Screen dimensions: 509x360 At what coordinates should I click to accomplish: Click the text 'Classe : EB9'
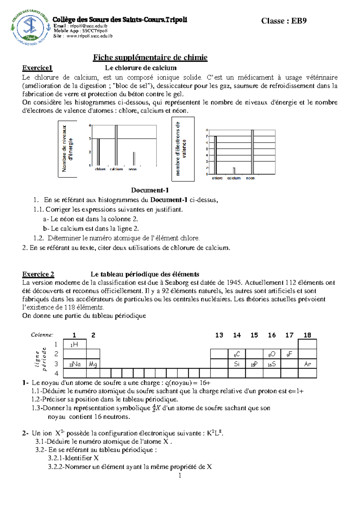(283, 21)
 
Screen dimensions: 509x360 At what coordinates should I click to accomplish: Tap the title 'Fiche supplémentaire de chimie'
(150, 57)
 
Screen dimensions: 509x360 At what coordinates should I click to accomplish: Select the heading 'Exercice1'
(37, 68)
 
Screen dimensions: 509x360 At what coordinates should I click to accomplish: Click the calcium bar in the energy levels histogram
(116, 145)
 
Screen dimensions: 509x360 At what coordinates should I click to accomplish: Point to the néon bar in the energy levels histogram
(134, 158)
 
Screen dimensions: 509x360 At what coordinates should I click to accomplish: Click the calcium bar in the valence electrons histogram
(234, 171)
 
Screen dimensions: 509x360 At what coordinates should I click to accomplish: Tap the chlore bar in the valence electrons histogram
(215, 155)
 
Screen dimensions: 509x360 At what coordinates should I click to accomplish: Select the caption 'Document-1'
(150, 190)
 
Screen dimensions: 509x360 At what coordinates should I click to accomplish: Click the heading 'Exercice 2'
(38, 274)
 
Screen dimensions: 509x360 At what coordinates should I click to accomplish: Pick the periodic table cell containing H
(75, 344)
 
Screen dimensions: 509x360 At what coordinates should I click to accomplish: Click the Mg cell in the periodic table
(93, 364)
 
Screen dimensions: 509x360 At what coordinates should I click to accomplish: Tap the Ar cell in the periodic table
(307, 364)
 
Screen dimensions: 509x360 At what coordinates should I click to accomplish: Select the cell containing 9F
(289, 354)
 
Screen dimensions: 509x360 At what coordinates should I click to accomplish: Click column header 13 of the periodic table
(219, 335)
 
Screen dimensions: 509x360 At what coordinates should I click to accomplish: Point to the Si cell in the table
(237, 364)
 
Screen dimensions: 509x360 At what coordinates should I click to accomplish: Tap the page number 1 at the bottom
(180, 475)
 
